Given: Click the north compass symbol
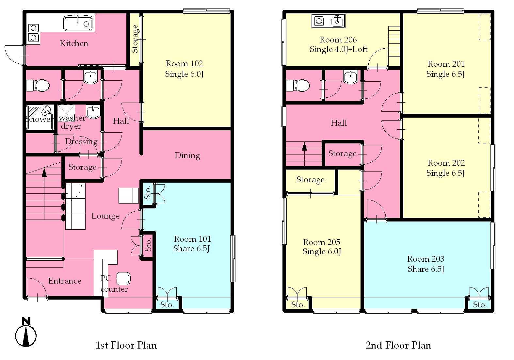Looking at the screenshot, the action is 26,332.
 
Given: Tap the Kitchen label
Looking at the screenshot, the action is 74,43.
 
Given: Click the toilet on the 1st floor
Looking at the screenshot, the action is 38,85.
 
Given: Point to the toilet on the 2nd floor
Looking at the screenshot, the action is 298,86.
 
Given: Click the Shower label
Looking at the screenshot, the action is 39,119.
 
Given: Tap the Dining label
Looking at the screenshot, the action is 187,156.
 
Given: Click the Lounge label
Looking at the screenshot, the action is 105,216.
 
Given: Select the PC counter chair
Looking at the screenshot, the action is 123,279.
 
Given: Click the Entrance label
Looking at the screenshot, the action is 65,281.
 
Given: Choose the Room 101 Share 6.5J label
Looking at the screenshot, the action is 192,244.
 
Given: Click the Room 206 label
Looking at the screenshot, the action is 338,40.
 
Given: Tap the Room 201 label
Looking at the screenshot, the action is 446,64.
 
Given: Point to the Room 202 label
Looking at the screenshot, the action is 446,163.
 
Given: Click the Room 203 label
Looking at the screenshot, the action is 426,259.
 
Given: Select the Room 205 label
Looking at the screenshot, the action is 321,242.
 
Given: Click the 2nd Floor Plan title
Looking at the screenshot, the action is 398,345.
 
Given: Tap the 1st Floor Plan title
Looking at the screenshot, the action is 126,345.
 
